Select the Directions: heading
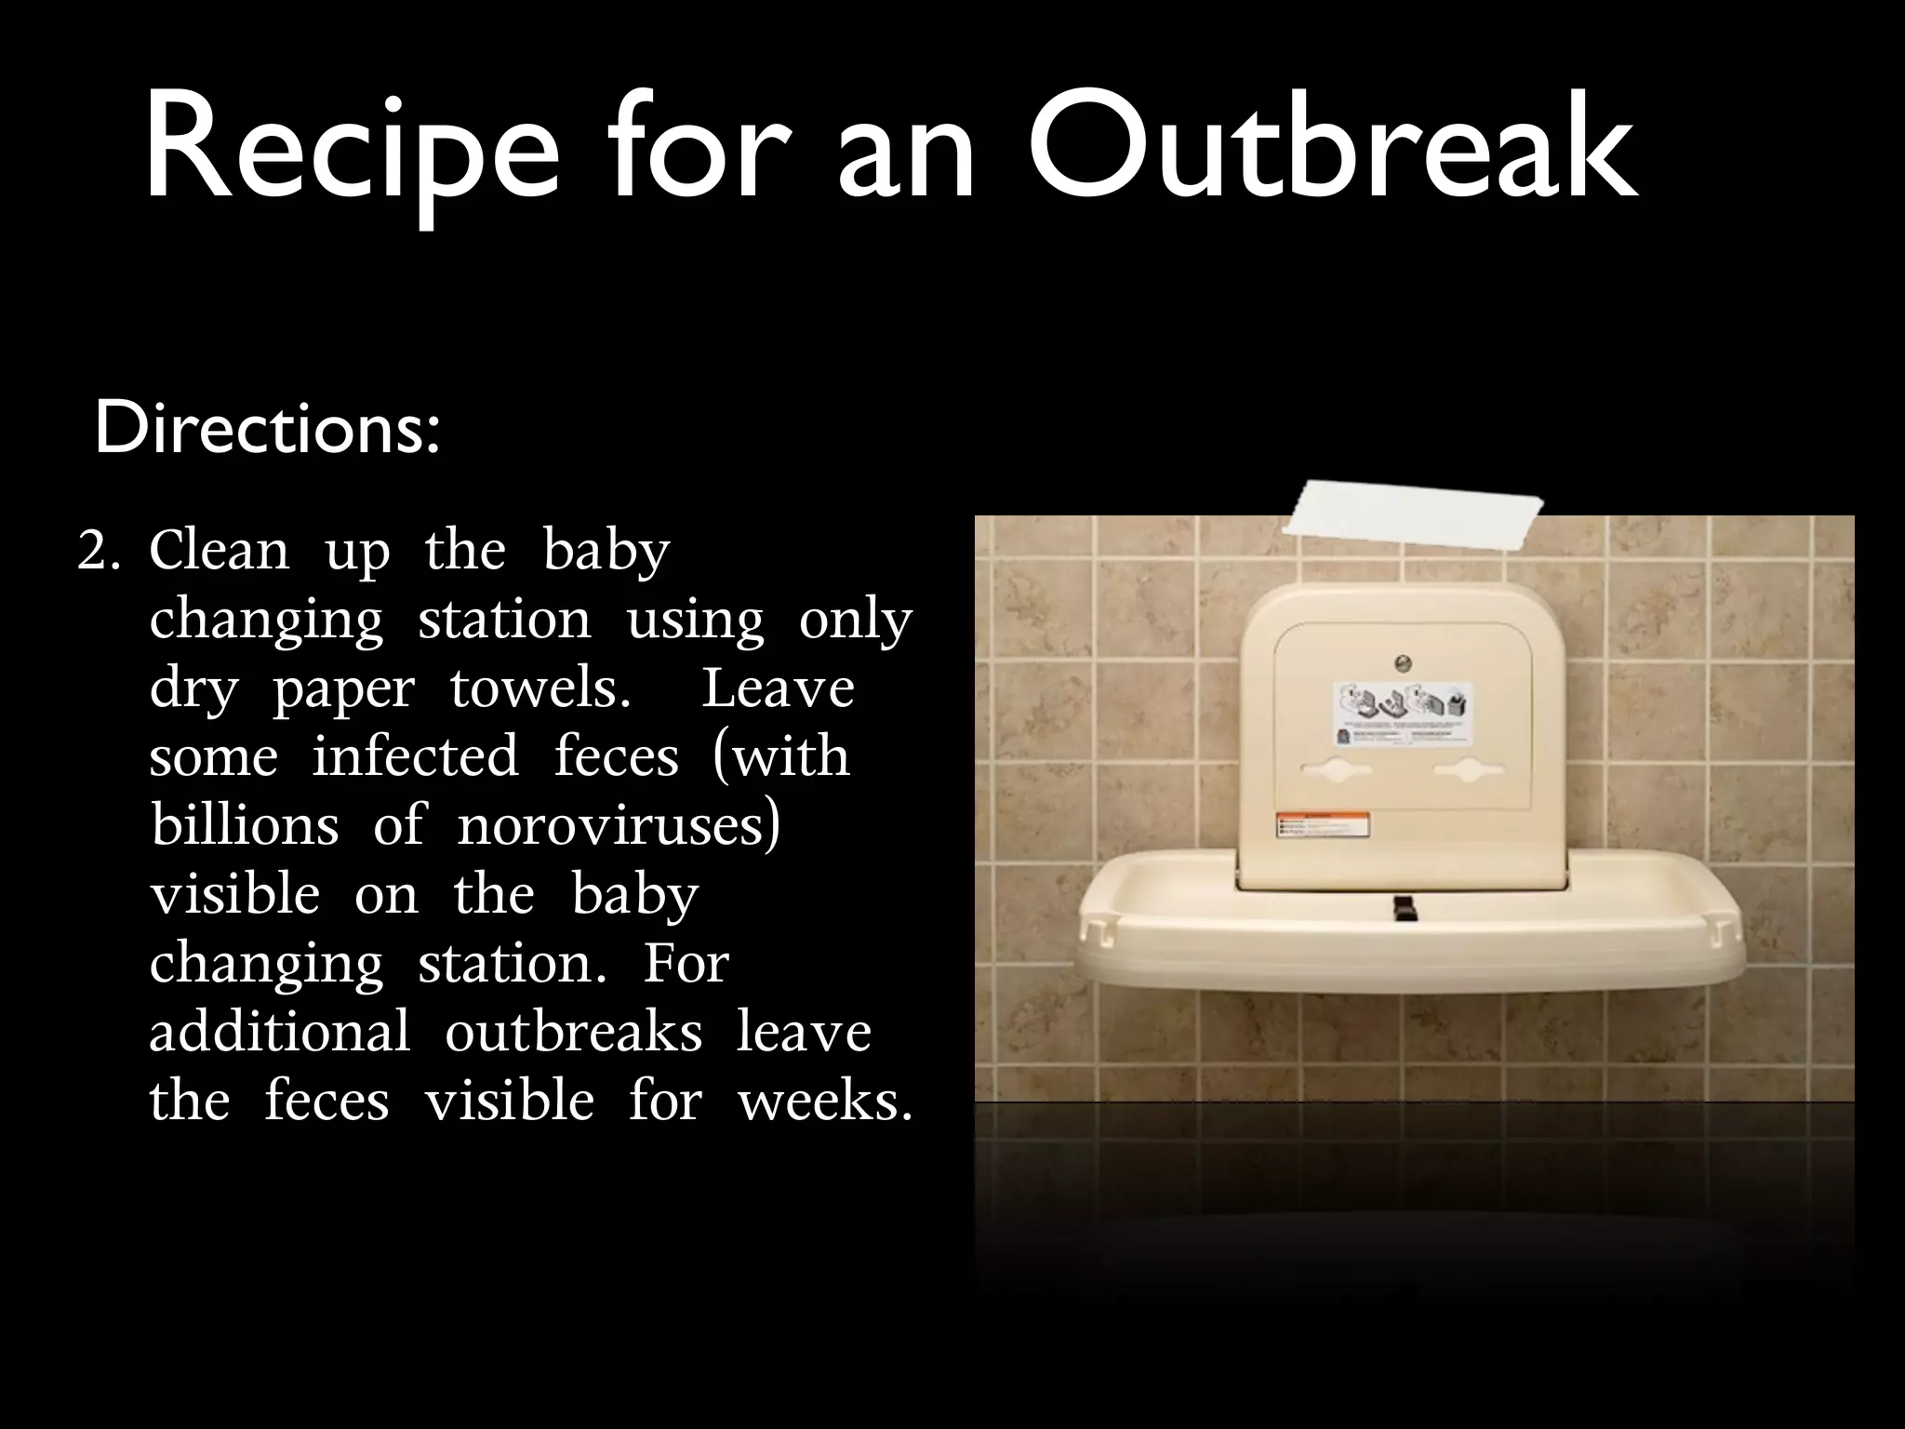click(267, 429)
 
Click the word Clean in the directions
click(220, 550)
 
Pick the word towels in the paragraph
click(540, 688)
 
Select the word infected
click(415, 755)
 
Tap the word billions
click(245, 824)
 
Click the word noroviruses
click(618, 824)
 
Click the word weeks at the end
click(823, 1101)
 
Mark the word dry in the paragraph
click(193, 690)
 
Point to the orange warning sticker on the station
click(1322, 826)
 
